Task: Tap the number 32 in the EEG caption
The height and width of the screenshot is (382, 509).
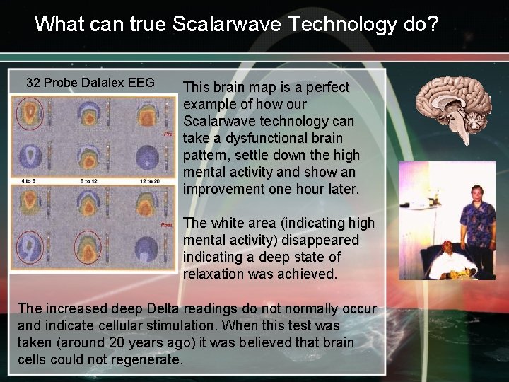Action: pyautogui.click(x=33, y=83)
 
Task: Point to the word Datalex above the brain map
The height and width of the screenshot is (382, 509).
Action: pyautogui.click(x=105, y=83)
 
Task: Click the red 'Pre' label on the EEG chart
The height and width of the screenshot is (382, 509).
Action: pyautogui.click(x=168, y=133)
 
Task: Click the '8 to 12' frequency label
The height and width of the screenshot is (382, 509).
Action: pyautogui.click(x=90, y=181)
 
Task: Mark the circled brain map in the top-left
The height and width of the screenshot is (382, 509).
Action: pyautogui.click(x=30, y=112)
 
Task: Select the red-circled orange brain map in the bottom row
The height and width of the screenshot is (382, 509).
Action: pyautogui.click(x=89, y=248)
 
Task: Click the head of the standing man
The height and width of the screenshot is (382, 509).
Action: pyautogui.click(x=476, y=192)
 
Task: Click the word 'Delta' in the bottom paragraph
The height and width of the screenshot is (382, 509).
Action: pyautogui.click(x=163, y=309)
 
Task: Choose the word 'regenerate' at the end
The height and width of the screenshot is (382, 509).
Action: pyautogui.click(x=150, y=359)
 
